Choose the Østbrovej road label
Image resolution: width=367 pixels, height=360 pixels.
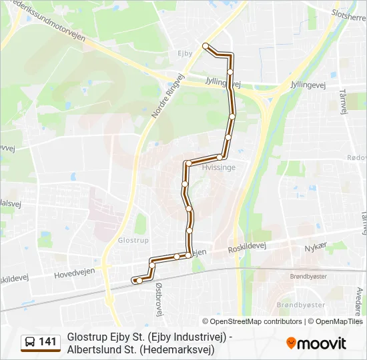tap(158, 297)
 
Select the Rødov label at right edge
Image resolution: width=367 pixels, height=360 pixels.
tap(357, 157)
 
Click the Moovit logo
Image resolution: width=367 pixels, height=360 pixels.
tap(316, 343)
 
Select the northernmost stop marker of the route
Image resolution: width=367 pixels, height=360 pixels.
tap(206, 46)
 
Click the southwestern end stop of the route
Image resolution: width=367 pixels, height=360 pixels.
tap(137, 281)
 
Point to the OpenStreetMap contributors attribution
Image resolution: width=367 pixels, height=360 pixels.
tap(252, 321)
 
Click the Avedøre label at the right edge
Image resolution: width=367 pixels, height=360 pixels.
tap(358, 299)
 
